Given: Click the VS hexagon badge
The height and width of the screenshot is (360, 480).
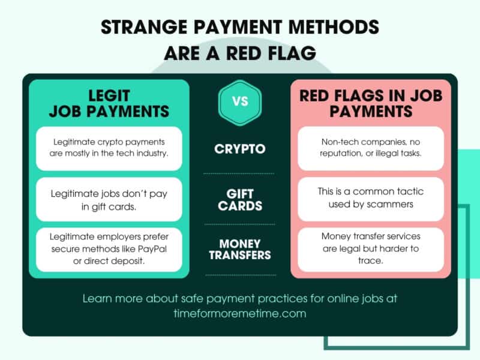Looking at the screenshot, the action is click(x=240, y=102).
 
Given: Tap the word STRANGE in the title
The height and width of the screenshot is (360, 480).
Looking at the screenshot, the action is click(x=144, y=27).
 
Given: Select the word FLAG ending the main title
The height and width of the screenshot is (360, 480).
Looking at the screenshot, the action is click(x=292, y=53).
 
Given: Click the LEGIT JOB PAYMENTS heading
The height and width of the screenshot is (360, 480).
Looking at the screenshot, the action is click(x=109, y=103).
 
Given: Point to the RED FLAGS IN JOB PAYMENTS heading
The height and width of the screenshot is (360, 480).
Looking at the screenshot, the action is click(x=371, y=103).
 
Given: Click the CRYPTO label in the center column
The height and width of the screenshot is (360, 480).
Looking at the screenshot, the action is click(x=240, y=149).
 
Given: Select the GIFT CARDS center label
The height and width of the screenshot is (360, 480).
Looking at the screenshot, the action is click(x=240, y=200).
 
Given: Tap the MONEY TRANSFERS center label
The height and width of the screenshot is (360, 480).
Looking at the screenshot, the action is click(x=240, y=249).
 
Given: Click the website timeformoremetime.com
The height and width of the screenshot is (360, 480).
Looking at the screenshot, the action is click(x=240, y=313).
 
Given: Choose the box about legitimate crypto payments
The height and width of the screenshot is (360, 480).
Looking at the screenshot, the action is click(x=109, y=148).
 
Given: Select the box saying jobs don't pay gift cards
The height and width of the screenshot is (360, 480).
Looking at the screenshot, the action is click(x=109, y=199).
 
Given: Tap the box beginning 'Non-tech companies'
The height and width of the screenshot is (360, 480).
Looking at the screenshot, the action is click(x=371, y=148).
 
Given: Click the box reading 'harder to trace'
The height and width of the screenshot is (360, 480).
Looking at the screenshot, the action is click(x=371, y=250).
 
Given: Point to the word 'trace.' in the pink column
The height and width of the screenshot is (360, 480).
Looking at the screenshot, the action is click(x=371, y=260).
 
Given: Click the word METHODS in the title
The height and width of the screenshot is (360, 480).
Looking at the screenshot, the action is click(x=334, y=27).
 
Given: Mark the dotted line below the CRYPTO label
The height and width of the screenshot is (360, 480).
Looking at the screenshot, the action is click(x=239, y=173).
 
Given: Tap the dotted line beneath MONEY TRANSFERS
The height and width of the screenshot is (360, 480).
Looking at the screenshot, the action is click(x=241, y=275).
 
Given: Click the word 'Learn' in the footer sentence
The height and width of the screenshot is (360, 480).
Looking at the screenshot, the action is click(x=97, y=298).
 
